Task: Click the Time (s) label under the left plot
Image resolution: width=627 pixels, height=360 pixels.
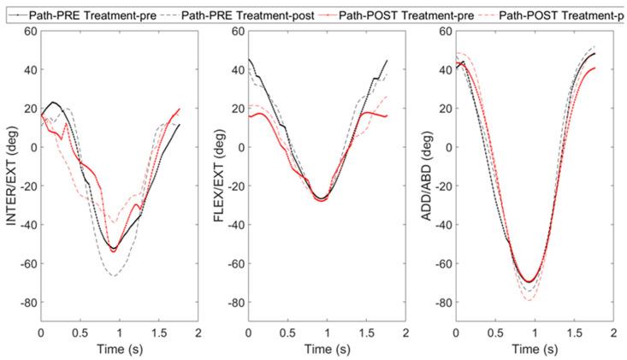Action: pos(119,350)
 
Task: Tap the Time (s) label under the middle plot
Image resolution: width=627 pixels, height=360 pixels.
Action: pos(327,350)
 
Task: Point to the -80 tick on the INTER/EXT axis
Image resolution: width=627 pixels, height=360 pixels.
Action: pos(26,303)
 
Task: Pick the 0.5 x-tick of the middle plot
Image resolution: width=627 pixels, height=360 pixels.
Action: pos(288,332)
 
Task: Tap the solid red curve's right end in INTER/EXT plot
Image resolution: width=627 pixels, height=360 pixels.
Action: pos(180,109)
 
